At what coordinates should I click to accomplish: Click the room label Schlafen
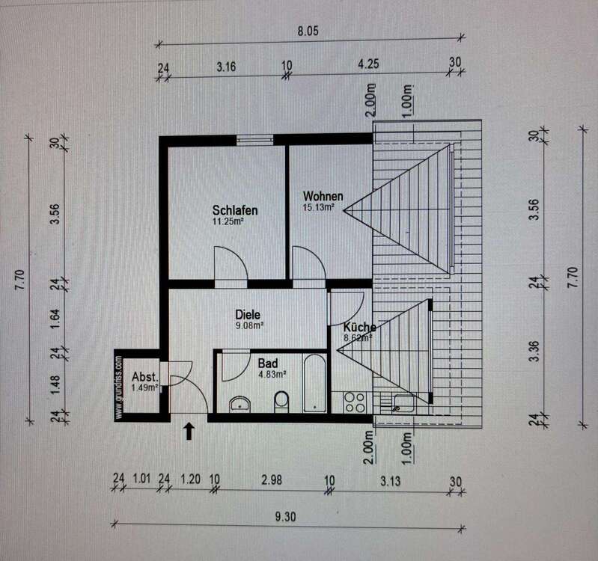click(235, 209)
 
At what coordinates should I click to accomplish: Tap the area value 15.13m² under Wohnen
click(318, 208)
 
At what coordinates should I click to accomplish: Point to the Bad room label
click(268, 362)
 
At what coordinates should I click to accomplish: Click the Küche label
click(359, 327)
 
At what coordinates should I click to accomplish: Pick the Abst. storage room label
click(144, 376)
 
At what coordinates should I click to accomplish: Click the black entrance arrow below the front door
click(189, 430)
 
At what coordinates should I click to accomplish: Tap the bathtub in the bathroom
click(315, 382)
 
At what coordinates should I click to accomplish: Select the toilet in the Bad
click(281, 402)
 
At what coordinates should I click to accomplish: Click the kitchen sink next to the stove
click(402, 404)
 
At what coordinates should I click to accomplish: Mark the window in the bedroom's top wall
click(254, 139)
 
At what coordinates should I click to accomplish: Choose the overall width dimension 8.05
click(308, 31)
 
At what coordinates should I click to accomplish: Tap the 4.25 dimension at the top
click(367, 65)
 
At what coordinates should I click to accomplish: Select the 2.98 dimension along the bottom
click(272, 480)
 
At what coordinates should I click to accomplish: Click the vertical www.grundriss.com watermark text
click(119, 387)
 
